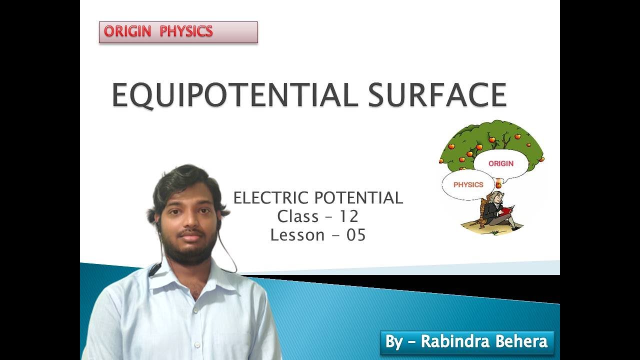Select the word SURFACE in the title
point(437,95)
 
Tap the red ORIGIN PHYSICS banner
point(178,32)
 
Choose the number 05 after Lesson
point(356,235)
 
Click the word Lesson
point(297,235)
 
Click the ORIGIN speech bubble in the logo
point(501,163)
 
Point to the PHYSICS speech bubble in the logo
point(468,184)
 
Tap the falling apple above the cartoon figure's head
point(498,185)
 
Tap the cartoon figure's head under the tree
point(495,197)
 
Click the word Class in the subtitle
point(298,216)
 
